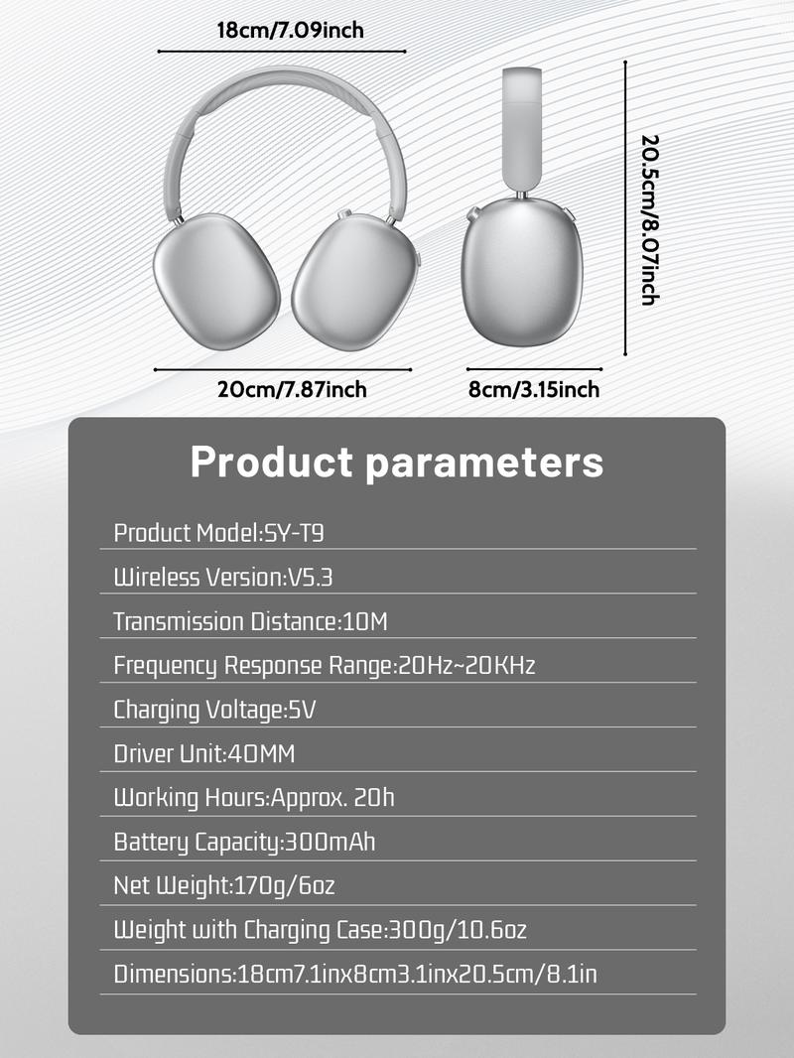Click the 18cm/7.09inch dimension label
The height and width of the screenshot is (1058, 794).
tap(290, 30)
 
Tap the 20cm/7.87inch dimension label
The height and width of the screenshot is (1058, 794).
tap(292, 389)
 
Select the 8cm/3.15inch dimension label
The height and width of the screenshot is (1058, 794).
tap(533, 389)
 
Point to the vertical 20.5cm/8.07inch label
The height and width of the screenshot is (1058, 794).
tap(650, 219)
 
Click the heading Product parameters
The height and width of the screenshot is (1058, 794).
tap(396, 463)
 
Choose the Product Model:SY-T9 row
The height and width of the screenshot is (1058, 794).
tap(219, 533)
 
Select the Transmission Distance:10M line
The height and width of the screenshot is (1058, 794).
tap(250, 622)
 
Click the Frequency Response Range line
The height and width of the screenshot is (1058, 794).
tap(324, 666)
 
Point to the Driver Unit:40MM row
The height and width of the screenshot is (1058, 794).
tap(204, 754)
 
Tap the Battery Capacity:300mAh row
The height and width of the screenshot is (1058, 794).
tap(244, 843)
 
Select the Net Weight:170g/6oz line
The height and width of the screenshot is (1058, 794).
tap(231, 885)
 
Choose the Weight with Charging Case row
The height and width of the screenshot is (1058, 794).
tap(320, 930)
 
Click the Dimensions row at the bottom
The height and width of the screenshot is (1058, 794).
tap(355, 975)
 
